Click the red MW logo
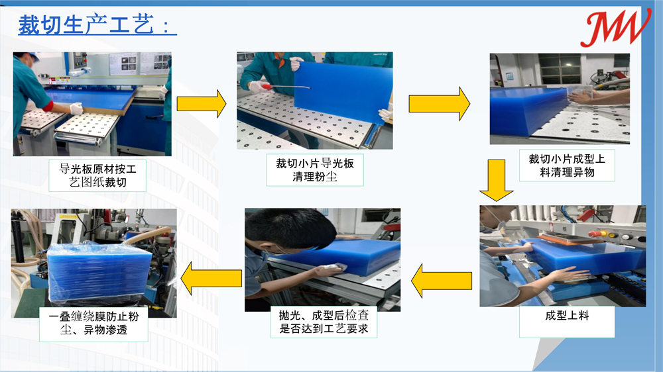[615, 28]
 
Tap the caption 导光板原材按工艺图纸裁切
[97, 175]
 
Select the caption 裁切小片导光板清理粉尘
[315, 169]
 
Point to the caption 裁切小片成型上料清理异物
[567, 165]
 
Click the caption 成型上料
[567, 316]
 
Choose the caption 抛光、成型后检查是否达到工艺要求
[324, 322]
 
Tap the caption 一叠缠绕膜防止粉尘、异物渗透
[93, 323]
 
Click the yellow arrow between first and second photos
[202, 103]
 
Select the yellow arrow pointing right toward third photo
[440, 104]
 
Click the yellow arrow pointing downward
[497, 180]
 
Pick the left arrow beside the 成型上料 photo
[442, 281]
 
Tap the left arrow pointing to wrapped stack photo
[211, 278]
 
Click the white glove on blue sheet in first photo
[76, 109]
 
